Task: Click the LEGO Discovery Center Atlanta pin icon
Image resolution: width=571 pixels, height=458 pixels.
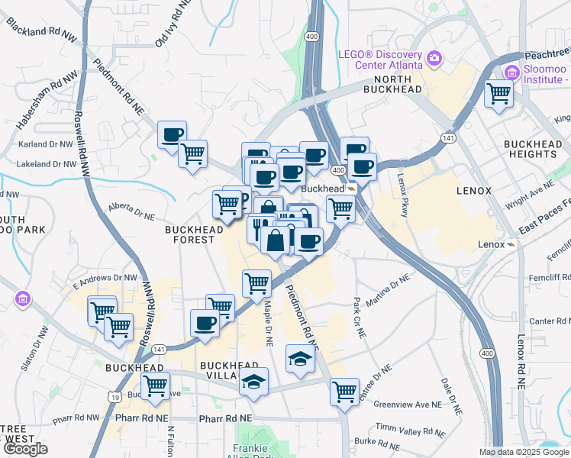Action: point(434,58)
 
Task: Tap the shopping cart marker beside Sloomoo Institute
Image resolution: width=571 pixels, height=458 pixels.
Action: point(499,94)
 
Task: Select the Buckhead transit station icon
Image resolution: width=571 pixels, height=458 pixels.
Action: point(352,189)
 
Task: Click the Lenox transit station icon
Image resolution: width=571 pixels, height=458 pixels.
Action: point(510,244)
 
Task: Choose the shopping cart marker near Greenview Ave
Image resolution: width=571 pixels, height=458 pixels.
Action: point(344,392)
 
